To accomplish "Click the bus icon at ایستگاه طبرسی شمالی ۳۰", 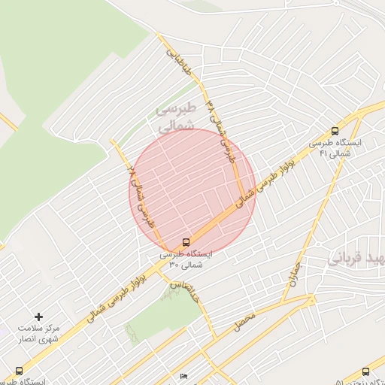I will click(185, 242).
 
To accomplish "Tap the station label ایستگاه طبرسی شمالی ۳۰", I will click(186, 259).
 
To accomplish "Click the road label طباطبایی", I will click(174, 64).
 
